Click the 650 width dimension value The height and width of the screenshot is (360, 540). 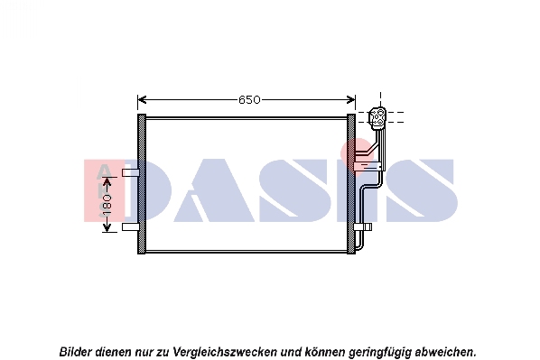coord(249,100)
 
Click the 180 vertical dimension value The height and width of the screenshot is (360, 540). coord(107,204)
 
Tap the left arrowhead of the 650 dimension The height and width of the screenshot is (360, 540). coord(142,100)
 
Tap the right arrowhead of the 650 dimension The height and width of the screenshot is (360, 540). coord(350,100)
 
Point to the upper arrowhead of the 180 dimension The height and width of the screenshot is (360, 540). coord(107,181)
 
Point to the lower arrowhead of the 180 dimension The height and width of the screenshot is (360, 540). coord(107,227)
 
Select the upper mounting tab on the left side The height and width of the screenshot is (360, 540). coord(131,172)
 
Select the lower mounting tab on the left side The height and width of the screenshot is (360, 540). coord(131,226)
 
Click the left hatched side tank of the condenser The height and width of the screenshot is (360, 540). coord(142,184)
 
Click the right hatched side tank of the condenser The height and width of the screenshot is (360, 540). coord(351,184)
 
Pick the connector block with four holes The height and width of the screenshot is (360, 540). coord(377,116)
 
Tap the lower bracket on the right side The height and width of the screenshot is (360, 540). coord(363,226)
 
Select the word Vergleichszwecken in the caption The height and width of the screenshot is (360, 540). coord(225,352)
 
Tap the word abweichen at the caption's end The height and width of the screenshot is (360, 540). coord(444,352)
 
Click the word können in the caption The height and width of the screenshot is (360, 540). coord(325,352)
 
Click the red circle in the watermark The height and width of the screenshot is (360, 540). coord(358,155)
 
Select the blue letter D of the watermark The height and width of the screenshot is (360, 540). coord(148,190)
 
